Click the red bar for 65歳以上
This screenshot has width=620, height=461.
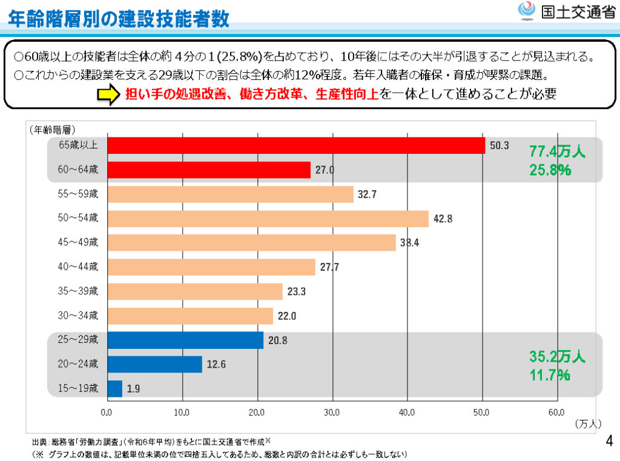[296, 145]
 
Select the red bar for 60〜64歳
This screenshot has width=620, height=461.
[209, 170]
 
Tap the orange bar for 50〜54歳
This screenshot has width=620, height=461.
[268, 219]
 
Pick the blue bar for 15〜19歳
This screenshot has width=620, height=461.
[114, 388]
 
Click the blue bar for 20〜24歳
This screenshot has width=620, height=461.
[154, 364]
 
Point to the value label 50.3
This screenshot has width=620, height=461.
[500, 145]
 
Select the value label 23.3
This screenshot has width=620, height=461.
[297, 291]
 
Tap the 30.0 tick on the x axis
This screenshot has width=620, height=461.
[332, 413]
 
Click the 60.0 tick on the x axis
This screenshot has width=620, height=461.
[556, 413]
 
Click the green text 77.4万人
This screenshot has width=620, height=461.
[557, 151]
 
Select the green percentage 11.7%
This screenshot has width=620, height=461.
[549, 376]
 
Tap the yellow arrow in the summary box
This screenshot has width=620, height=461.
[107, 95]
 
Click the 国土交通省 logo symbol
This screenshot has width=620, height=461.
[526, 12]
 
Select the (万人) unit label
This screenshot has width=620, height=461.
[587, 424]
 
